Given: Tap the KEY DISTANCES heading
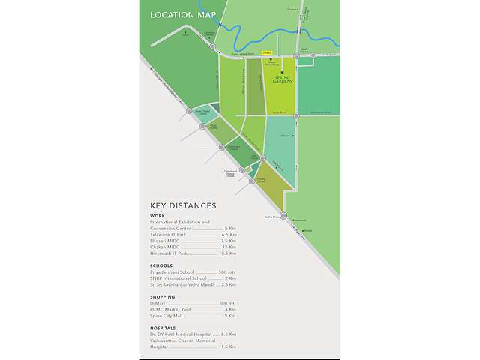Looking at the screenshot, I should [x=183, y=205].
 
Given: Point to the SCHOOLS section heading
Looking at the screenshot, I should [x=160, y=265].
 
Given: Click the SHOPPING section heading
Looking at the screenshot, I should [x=163, y=296].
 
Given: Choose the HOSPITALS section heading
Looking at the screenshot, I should [x=163, y=328].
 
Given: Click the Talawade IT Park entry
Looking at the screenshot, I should [x=169, y=235].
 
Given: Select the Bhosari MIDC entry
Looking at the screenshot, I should [x=167, y=241].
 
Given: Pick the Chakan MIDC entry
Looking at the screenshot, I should [x=166, y=247].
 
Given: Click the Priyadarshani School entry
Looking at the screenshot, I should [x=175, y=271].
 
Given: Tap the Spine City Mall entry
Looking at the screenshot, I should [x=167, y=315].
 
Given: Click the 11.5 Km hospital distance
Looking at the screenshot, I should [x=229, y=346].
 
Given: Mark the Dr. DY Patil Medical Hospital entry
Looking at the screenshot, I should [x=181, y=334].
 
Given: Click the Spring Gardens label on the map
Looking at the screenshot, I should [x=283, y=80].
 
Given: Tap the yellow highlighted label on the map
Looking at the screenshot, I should [x=266, y=52].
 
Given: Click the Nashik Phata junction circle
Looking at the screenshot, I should [x=284, y=216].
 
